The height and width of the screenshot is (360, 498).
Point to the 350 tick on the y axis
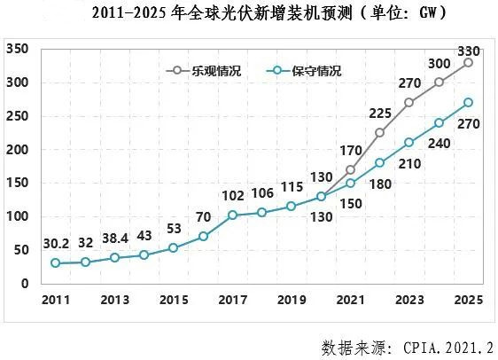pyautogui.click(x=19, y=49)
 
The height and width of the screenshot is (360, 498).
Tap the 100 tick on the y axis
pyautogui.click(x=19, y=216)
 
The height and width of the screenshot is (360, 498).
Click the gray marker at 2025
pyautogui.click(x=468, y=62)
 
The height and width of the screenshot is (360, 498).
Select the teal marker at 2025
pyautogui.click(x=468, y=102)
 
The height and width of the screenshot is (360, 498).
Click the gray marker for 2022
pyautogui.click(x=380, y=132)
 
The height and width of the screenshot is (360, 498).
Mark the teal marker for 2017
pyautogui.click(x=233, y=215)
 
